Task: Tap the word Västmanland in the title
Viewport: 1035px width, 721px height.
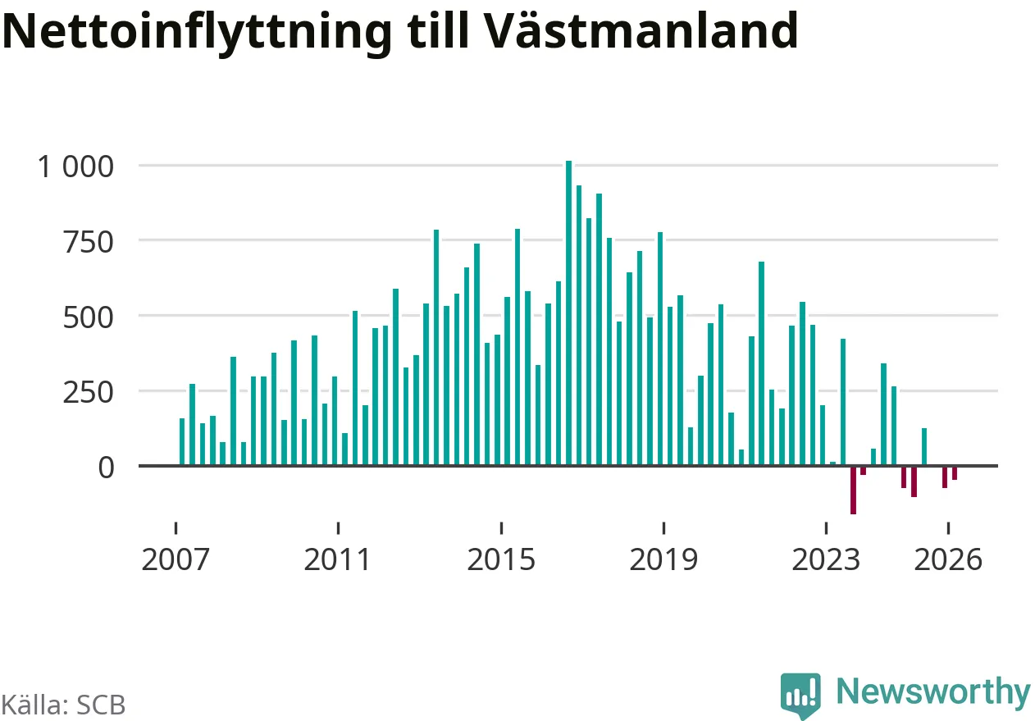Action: pyautogui.click(x=642, y=30)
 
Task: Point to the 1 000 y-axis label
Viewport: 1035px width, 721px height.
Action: pyautogui.click(x=75, y=167)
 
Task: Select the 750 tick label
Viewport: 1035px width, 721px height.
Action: pyautogui.click(x=88, y=242)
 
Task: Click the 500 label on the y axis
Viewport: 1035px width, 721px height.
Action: pyautogui.click(x=88, y=318)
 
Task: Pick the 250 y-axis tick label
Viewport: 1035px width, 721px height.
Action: pyautogui.click(x=88, y=394)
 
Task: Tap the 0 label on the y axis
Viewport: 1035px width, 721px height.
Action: pyautogui.click(x=106, y=468)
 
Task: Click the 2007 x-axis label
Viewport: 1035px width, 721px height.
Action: pyautogui.click(x=176, y=559)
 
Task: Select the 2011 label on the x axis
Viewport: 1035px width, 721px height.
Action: pyautogui.click(x=338, y=559)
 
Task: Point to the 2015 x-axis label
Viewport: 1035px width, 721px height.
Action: pyautogui.click(x=501, y=559)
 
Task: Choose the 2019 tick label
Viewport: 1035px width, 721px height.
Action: pyautogui.click(x=663, y=559)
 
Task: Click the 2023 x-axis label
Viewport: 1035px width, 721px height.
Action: pyautogui.click(x=826, y=559)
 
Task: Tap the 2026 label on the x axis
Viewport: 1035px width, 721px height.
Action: pyautogui.click(x=948, y=559)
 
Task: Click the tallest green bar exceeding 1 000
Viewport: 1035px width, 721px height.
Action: pyautogui.click(x=569, y=313)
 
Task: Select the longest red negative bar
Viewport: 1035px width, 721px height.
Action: pyautogui.click(x=854, y=490)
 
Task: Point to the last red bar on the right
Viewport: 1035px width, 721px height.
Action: pyautogui.click(x=955, y=473)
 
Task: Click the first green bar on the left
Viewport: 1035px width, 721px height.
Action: pyautogui.click(x=182, y=442)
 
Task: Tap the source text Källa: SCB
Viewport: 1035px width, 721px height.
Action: pyautogui.click(x=63, y=705)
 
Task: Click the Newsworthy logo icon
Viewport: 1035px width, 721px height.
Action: pyautogui.click(x=800, y=695)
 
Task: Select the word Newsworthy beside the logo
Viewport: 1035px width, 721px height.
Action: pyautogui.click(x=933, y=692)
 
